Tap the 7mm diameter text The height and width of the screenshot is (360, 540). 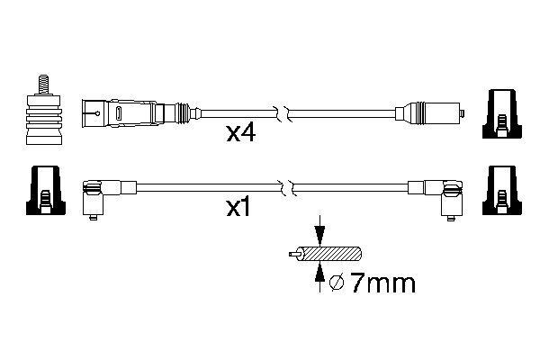pyautogui.click(x=382, y=285)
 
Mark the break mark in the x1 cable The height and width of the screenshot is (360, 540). pyautogui.click(x=285, y=188)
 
